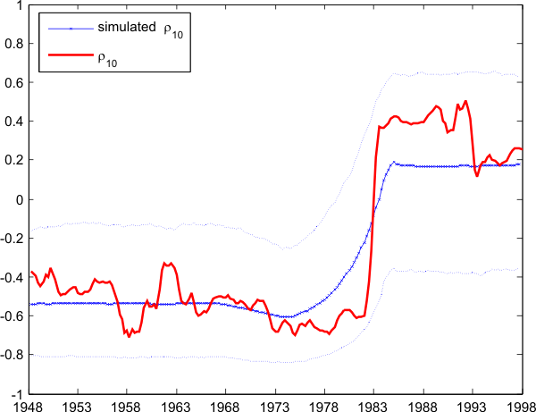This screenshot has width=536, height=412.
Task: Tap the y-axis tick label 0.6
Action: click(x=15, y=82)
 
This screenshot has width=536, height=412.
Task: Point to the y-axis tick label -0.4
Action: click(x=13, y=277)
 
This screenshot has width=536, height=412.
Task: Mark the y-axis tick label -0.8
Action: click(x=13, y=355)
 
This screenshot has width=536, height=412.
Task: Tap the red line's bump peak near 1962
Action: click(x=166, y=263)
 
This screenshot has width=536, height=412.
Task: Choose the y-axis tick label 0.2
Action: click(x=15, y=160)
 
